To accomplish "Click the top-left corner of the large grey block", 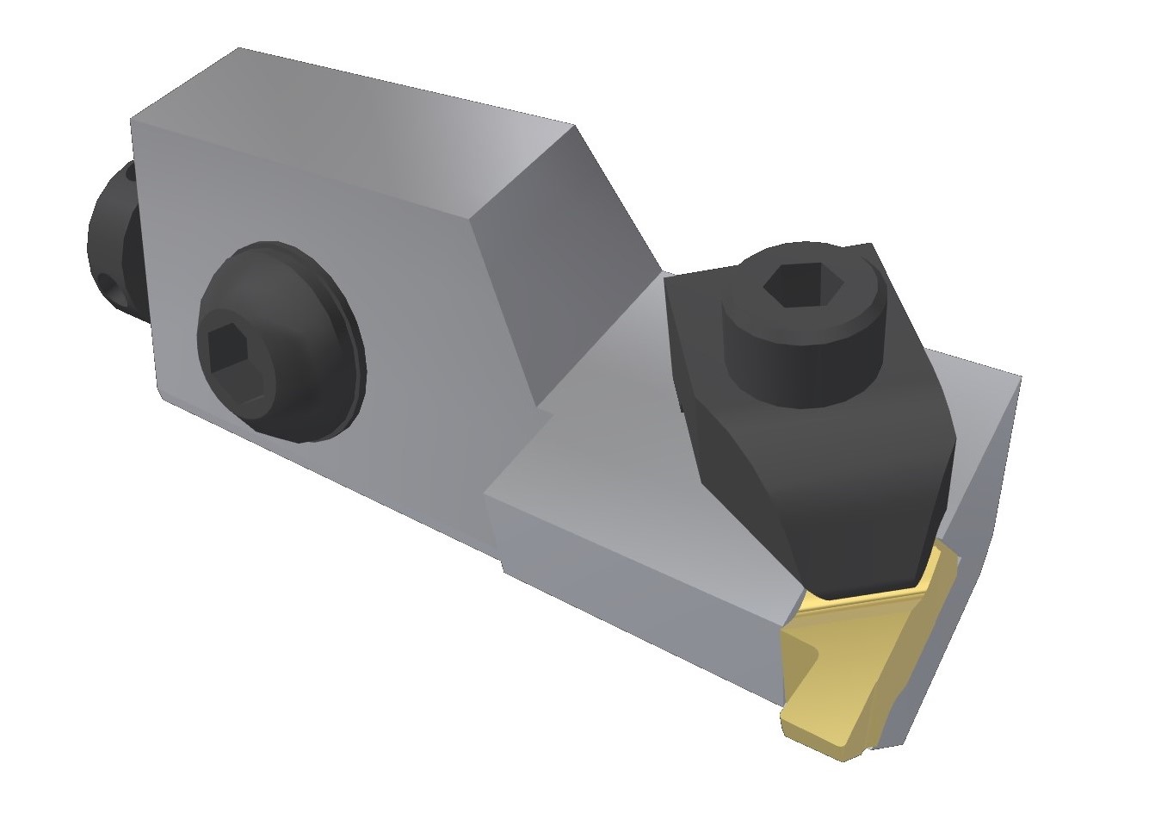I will (132, 118).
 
